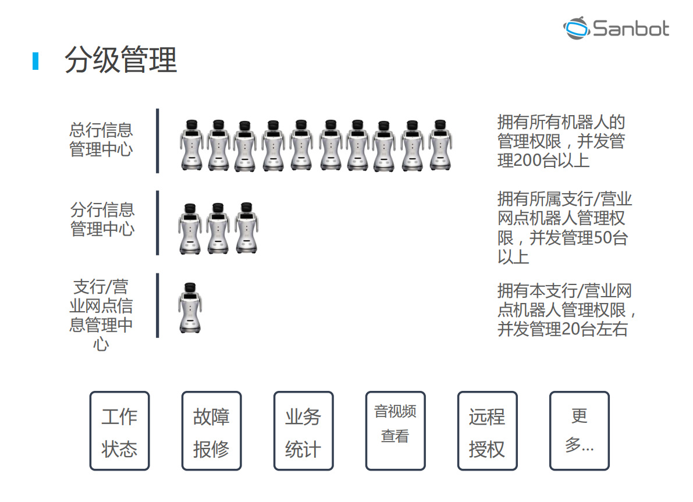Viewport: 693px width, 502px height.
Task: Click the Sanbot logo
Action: tap(616, 28)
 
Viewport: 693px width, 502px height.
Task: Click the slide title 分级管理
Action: tap(120, 60)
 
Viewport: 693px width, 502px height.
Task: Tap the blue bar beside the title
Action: tap(35, 61)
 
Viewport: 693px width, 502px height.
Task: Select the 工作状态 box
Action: tap(119, 431)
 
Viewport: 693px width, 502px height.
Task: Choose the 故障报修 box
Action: tap(211, 431)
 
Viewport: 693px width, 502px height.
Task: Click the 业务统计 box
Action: tap(303, 431)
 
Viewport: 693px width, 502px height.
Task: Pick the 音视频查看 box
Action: tap(395, 431)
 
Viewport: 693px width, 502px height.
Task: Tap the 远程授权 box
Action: tap(487, 431)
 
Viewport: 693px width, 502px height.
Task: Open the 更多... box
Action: tap(579, 431)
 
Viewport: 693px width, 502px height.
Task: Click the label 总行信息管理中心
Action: tap(101, 140)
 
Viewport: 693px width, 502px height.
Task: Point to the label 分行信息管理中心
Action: tap(102, 219)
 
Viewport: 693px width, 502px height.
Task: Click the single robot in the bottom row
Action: tap(190, 308)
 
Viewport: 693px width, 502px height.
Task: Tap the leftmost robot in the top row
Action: tap(192, 145)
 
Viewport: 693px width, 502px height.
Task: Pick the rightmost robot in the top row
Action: tap(440, 145)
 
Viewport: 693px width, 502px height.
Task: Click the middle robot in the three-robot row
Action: tap(218, 228)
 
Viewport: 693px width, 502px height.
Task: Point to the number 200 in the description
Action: tap(528, 160)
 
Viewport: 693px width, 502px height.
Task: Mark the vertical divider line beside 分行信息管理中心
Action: tap(157, 223)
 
